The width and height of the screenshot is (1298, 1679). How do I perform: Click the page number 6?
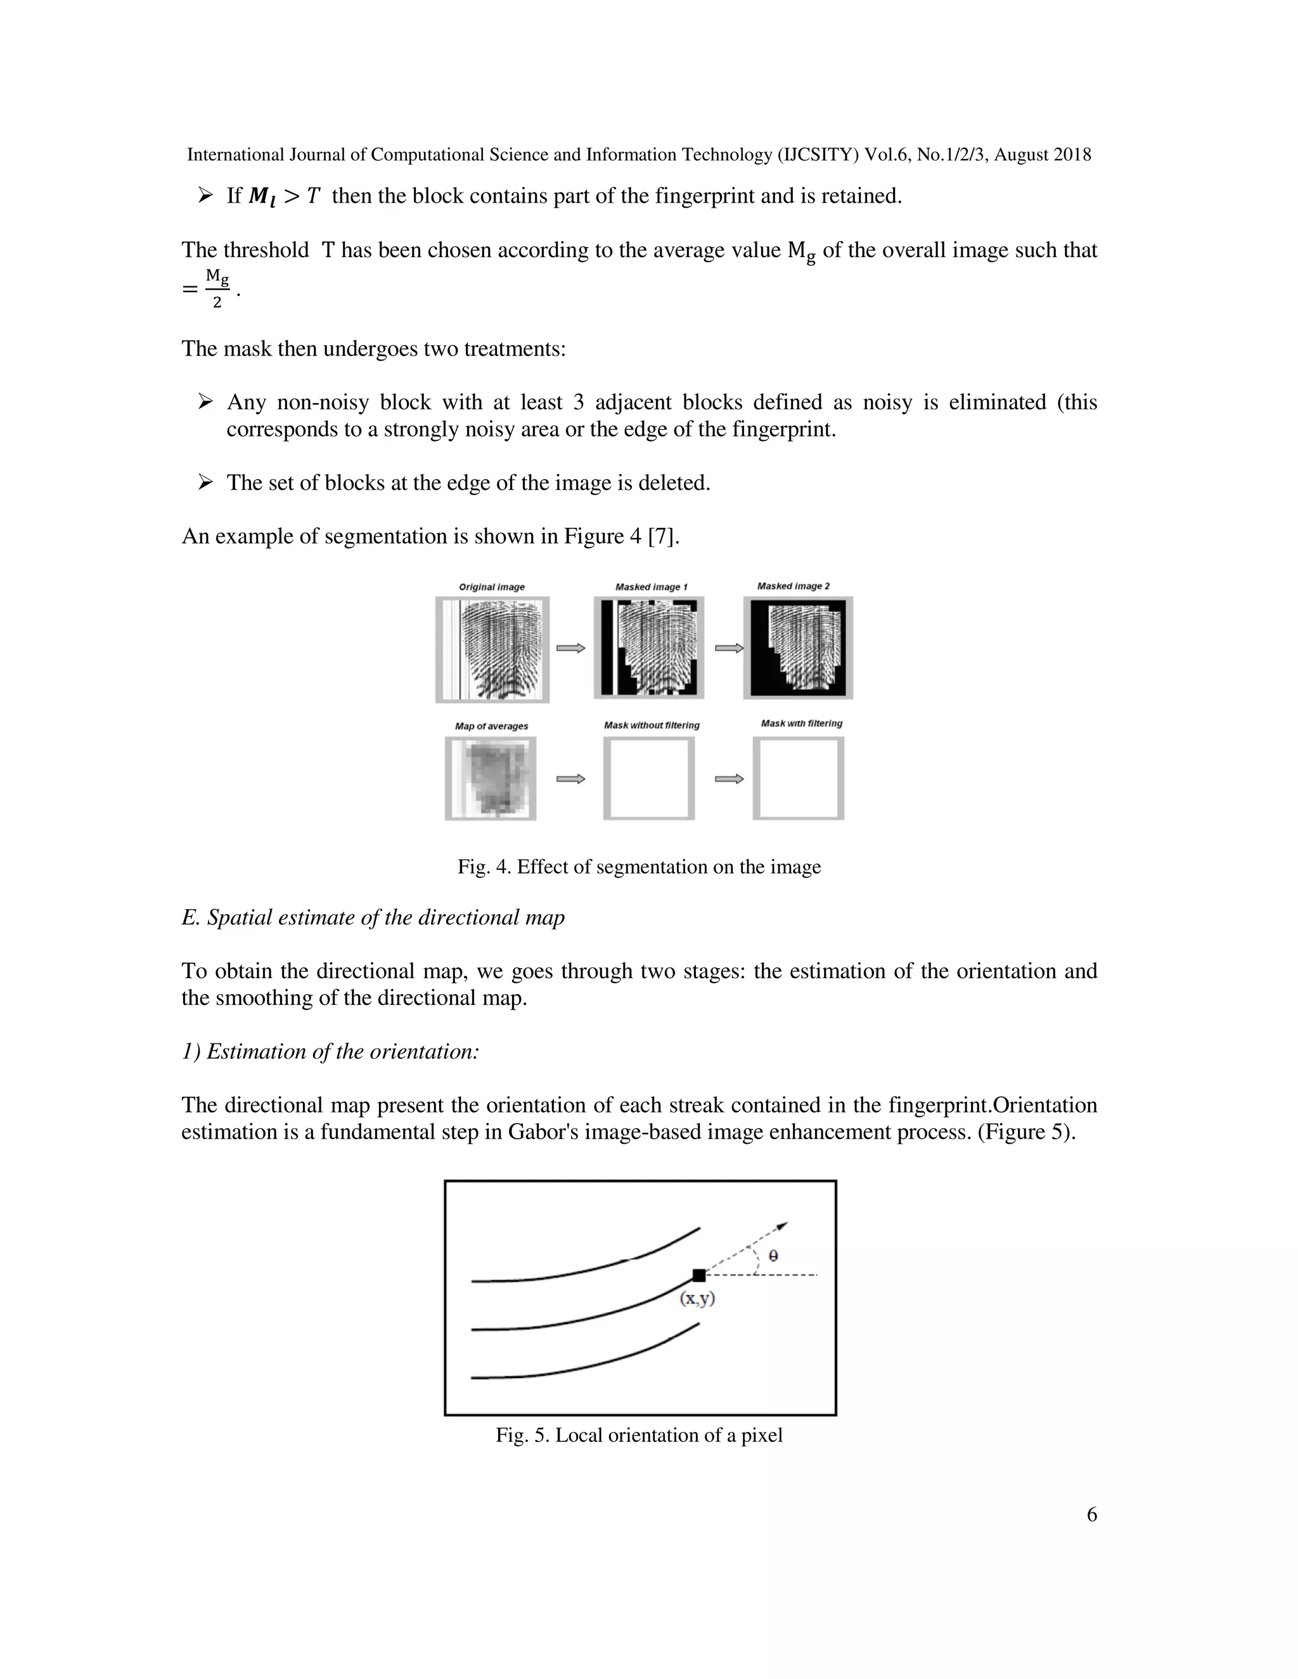(x=1091, y=1514)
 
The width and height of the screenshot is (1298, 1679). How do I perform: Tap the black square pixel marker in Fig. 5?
(x=698, y=1275)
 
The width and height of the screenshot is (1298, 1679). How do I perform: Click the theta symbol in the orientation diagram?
(x=773, y=1255)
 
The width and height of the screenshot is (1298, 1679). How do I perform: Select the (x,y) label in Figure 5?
(x=697, y=1298)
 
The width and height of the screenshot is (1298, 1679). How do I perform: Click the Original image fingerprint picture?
(x=492, y=649)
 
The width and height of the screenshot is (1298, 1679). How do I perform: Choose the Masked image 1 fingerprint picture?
(x=649, y=648)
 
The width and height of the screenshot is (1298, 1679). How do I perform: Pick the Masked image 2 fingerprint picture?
(x=798, y=648)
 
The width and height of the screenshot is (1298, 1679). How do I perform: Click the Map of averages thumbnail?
(x=491, y=779)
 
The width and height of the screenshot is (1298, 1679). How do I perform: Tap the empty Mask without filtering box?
(x=649, y=779)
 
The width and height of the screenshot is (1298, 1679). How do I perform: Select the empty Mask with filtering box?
(x=798, y=779)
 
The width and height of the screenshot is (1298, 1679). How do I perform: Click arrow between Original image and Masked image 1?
(x=570, y=648)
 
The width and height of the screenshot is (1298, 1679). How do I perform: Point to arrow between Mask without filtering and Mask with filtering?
(x=729, y=779)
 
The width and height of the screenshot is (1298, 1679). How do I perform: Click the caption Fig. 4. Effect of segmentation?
(x=639, y=867)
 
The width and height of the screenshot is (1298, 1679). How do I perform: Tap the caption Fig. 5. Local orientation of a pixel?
(x=639, y=1435)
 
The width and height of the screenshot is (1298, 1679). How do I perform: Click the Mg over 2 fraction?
(x=217, y=288)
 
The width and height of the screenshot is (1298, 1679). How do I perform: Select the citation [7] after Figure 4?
(x=663, y=537)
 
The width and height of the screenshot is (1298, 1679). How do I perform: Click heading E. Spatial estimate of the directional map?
(x=373, y=918)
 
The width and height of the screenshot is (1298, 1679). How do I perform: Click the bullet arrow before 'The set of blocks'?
(x=205, y=483)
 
